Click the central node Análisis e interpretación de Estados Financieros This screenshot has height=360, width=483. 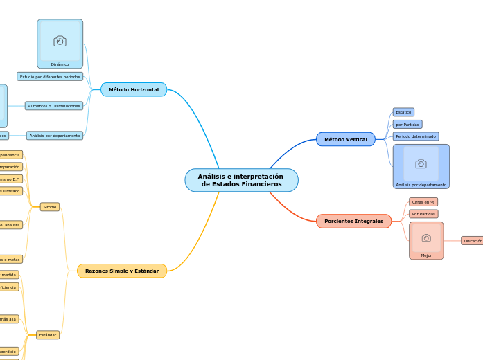coord(241,180)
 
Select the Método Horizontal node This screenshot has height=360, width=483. coord(134,89)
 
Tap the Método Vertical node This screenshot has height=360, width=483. coord(345,139)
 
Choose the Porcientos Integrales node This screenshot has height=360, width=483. coord(353,221)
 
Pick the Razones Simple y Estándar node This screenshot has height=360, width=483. coord(122,271)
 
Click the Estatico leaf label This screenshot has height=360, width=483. coord(403,111)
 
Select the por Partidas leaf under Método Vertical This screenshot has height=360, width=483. coord(407,125)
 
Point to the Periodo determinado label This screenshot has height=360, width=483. coord(416,136)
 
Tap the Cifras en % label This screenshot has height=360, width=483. coord(423,202)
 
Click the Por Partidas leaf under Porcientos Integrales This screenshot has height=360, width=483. coord(423,214)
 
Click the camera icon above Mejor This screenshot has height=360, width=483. coord(426,237)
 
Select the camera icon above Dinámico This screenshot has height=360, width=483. coord(60,42)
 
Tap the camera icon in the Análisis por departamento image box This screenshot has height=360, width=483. coord(421,163)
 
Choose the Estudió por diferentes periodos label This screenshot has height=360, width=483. coord(50,76)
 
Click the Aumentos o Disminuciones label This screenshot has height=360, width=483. coord(54,106)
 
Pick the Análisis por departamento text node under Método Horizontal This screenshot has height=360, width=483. coord(55,136)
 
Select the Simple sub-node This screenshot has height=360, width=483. coord(50,207)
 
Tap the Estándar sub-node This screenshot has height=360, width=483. coord(48,335)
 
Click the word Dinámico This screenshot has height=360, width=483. coord(60,64)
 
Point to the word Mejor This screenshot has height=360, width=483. coord(426,255)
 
